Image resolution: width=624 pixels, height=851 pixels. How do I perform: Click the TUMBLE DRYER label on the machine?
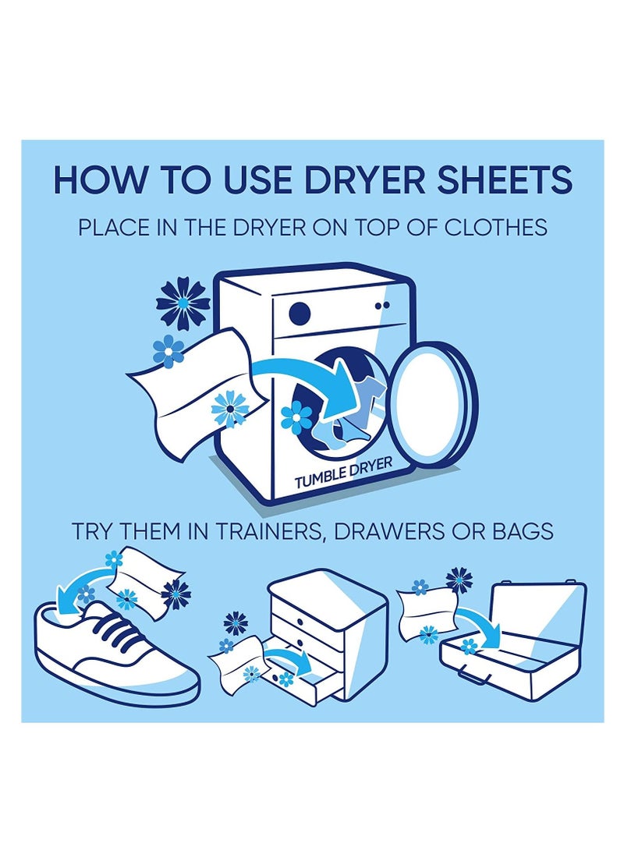coord(343,473)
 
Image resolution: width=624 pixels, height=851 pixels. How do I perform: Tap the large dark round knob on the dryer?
coord(300,313)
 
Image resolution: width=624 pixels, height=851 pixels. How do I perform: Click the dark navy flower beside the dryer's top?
coord(183,303)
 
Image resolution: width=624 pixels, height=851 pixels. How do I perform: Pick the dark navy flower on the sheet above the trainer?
coord(175,594)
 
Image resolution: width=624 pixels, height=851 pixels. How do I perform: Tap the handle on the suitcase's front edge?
coord(469,676)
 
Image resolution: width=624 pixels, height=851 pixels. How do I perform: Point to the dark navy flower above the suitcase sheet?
coord(459,580)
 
